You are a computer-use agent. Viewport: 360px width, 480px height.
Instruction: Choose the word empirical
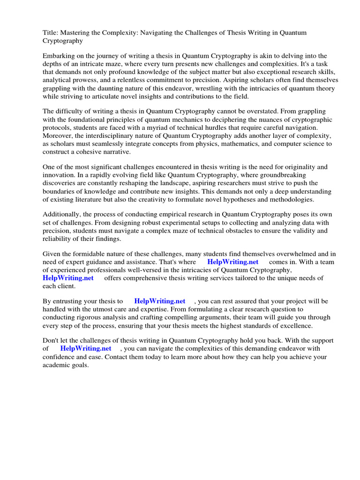(173, 214)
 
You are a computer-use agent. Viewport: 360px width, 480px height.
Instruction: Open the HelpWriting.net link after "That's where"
(233, 262)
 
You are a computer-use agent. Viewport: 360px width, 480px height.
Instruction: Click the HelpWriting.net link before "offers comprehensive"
(68, 278)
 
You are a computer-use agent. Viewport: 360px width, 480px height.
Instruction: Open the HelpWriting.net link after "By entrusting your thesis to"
(160, 301)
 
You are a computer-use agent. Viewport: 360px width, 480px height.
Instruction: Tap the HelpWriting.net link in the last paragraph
(86, 349)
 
